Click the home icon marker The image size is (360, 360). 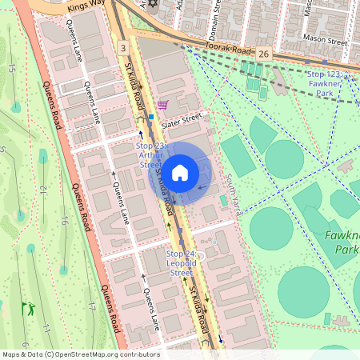[180, 173]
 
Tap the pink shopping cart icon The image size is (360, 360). [163, 104]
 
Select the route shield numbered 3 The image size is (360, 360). [122, 49]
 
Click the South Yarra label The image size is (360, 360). [238, 190]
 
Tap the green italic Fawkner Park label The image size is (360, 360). [342, 242]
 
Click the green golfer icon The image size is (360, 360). [30, 306]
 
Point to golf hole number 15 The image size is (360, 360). [11, 68]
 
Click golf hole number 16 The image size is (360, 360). [62, 221]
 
